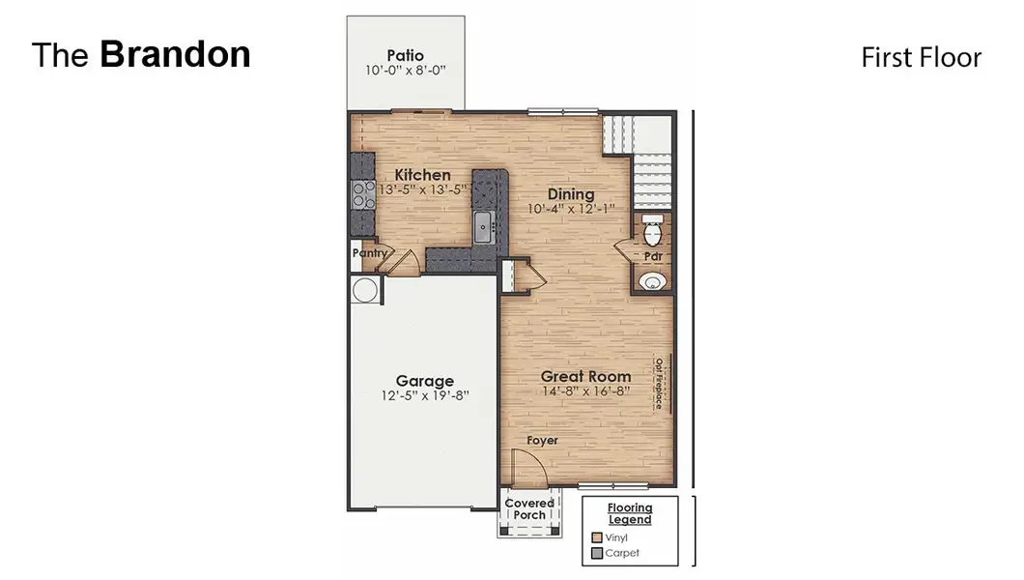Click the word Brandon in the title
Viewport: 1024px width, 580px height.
pos(175,55)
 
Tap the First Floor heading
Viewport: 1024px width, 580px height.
pos(921,58)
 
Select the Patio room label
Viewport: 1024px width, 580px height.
pos(406,55)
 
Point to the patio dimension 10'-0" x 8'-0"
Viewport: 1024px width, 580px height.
pos(406,71)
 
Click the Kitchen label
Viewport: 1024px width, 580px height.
pos(422,175)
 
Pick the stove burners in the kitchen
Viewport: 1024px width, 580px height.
pos(363,195)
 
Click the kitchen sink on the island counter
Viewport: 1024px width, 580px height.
pos(483,229)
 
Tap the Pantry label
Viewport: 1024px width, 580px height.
pos(368,253)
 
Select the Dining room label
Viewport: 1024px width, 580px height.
pos(571,193)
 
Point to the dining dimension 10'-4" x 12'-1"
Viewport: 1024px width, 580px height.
pos(571,209)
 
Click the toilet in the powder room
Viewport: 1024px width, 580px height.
pos(652,232)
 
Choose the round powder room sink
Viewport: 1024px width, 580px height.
pos(654,282)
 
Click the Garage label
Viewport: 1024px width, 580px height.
pos(424,381)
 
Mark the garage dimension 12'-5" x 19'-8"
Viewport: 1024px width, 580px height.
pos(424,396)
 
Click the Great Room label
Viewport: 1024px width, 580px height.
pos(585,376)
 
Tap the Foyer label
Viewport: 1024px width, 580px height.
pos(542,440)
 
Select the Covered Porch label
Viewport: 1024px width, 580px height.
pos(529,508)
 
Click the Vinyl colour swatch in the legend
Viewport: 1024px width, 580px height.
pos(597,537)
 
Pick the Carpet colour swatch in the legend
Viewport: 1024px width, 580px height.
pos(597,554)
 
